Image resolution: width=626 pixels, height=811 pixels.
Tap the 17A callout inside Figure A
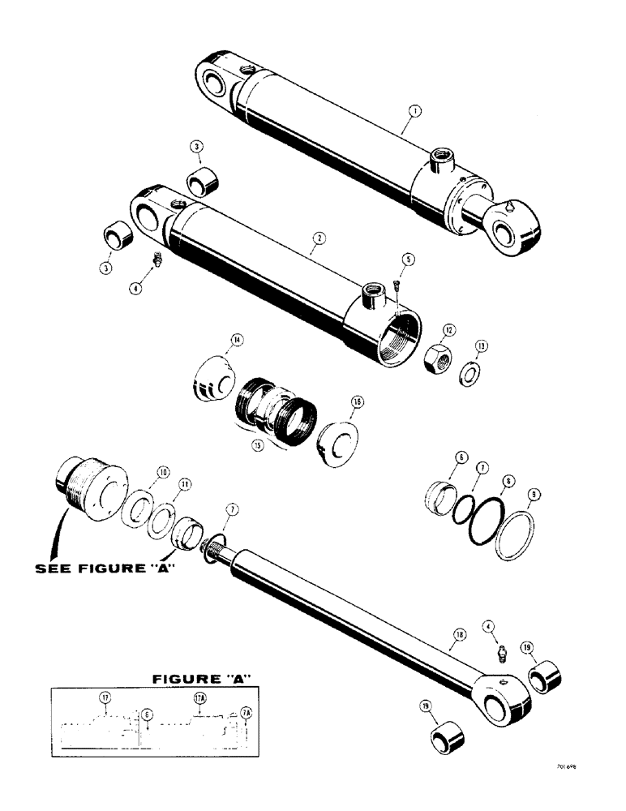199,697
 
